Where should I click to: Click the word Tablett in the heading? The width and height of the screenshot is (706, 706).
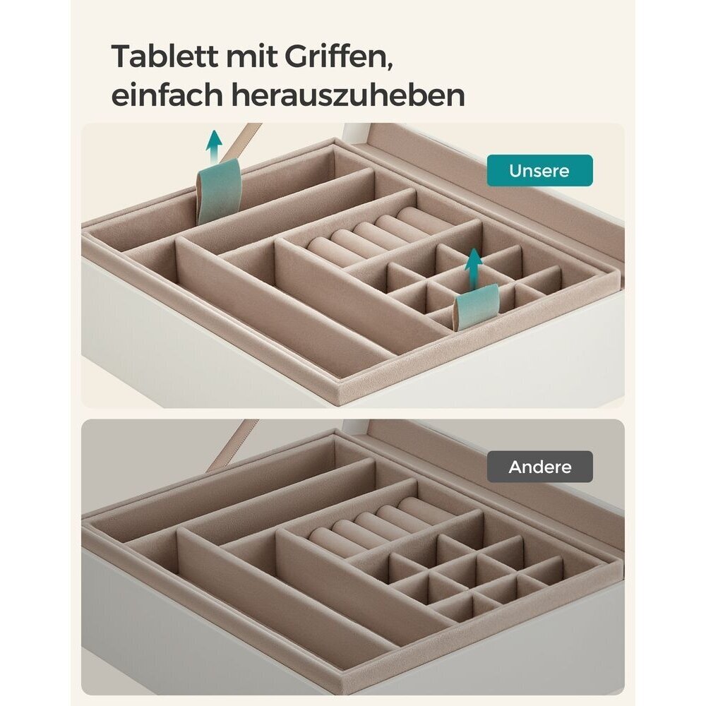tap(164, 56)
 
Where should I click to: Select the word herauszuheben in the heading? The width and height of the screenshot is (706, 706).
tap(348, 95)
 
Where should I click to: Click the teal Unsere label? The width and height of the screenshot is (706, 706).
tap(540, 171)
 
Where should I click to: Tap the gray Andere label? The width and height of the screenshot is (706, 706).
tap(540, 467)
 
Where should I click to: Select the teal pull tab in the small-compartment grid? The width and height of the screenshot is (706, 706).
tap(476, 309)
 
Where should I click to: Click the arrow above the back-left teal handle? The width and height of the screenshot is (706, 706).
tap(214, 145)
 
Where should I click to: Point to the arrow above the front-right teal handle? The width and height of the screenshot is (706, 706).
tap(473, 268)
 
